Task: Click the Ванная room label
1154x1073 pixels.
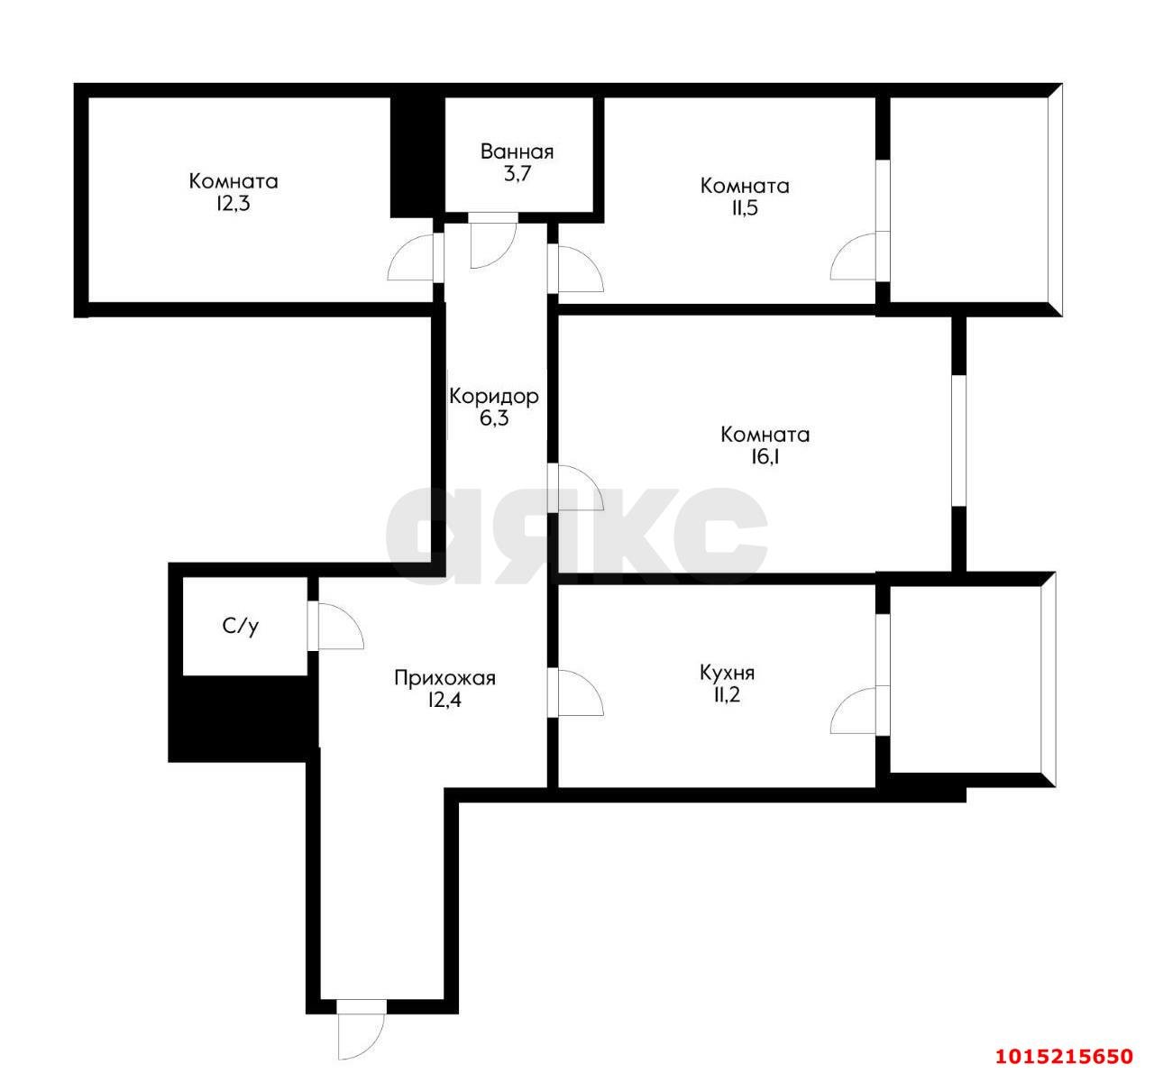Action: pos(517,151)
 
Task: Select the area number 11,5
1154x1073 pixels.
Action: pos(744,209)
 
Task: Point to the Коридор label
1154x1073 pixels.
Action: pos(493,395)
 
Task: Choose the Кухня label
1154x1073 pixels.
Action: pos(727,673)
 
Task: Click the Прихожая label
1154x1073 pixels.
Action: pos(444,677)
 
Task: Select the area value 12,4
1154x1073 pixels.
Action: pos(444,701)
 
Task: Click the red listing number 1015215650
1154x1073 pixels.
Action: pos(1063,1056)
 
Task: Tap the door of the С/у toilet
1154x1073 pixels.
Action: pos(335,625)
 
